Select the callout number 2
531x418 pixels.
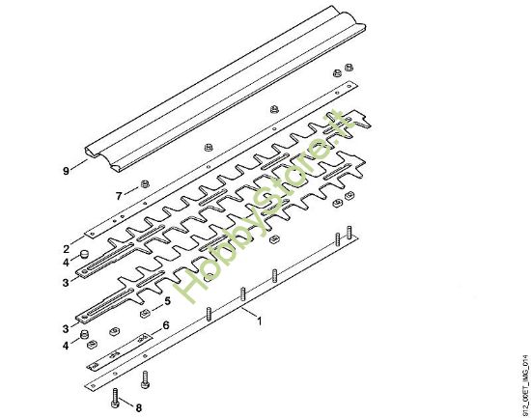67,248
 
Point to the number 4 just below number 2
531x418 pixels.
67,262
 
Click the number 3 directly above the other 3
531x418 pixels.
67,282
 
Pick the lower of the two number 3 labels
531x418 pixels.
67,329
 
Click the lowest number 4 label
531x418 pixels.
67,345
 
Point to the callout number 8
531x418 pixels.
138,407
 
